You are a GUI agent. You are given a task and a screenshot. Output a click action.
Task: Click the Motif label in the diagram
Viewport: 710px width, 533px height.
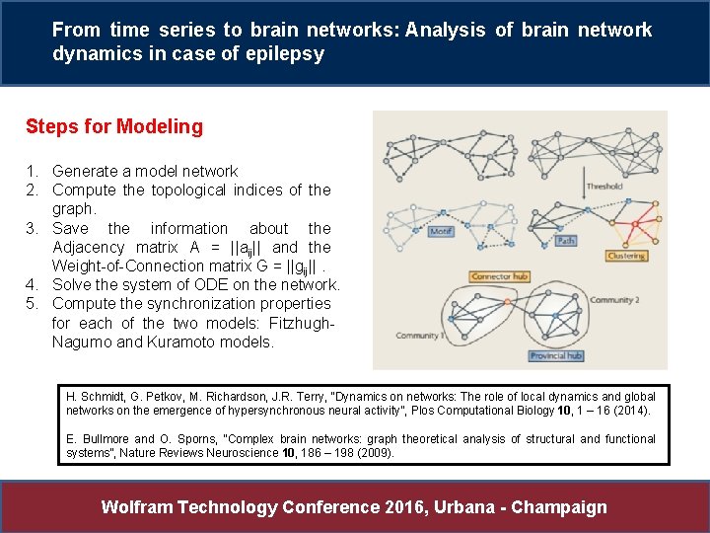click(x=441, y=232)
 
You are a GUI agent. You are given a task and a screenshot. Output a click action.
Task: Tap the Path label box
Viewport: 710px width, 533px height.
click(x=565, y=240)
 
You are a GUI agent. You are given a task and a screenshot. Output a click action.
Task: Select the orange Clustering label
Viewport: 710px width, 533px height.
click(x=626, y=257)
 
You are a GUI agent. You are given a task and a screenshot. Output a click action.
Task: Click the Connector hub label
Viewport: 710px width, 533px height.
click(x=499, y=276)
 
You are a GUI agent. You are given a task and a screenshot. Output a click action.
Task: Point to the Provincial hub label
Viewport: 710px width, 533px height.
click(x=555, y=355)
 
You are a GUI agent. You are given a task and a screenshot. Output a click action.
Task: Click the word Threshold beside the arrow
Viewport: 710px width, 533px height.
click(x=603, y=186)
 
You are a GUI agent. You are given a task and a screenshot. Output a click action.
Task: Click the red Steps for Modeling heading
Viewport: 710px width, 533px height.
click(x=114, y=126)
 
